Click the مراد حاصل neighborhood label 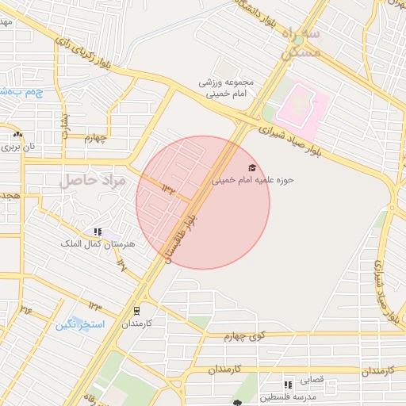click(93, 181)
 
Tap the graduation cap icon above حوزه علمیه click(252, 167)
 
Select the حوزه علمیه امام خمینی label click(252, 180)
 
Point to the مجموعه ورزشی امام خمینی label click(225, 87)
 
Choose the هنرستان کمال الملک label click(98, 243)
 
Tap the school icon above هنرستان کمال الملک click(98, 232)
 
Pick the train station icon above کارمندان click(136, 310)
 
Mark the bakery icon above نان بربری click(17, 135)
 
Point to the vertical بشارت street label click(66, 122)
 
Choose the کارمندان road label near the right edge click(373, 371)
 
